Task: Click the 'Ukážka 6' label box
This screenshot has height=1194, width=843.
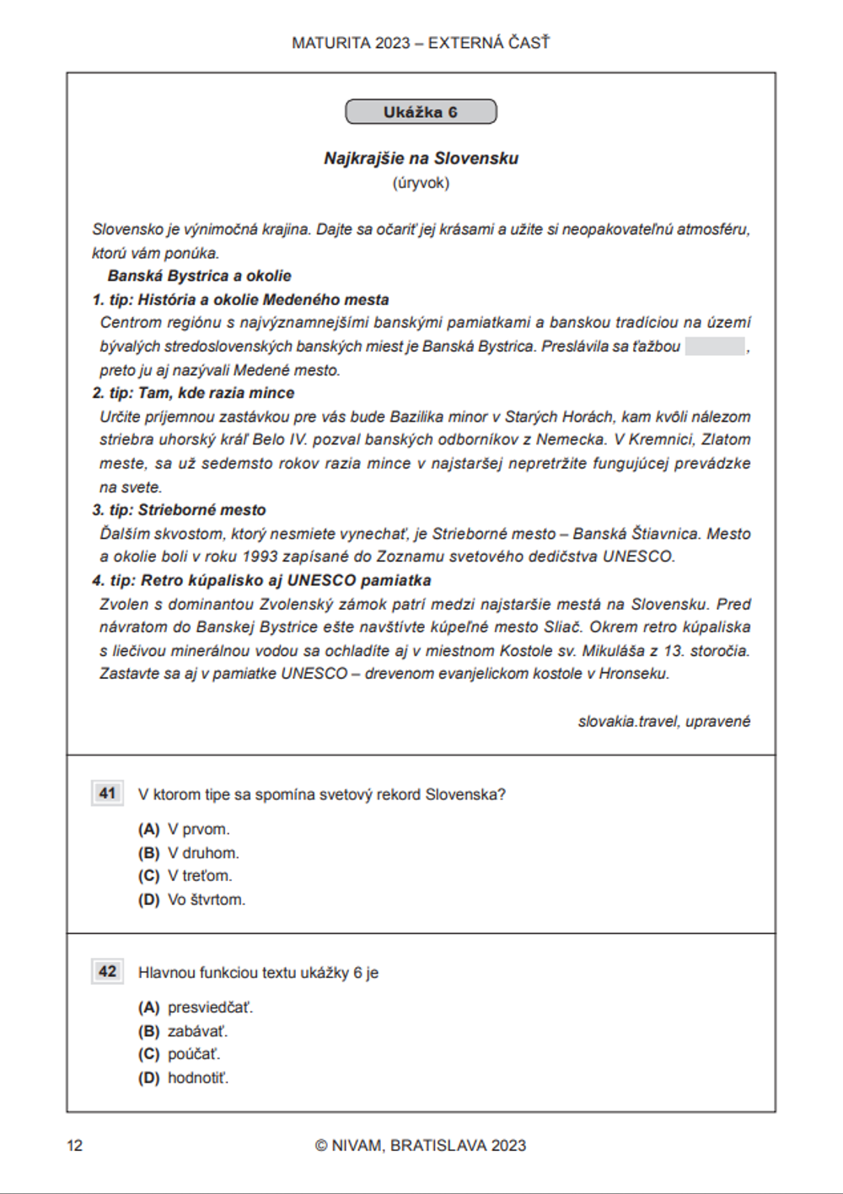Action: tap(421, 112)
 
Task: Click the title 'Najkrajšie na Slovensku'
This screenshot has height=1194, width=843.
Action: tap(421, 159)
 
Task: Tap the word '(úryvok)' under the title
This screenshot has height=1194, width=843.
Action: tap(421, 183)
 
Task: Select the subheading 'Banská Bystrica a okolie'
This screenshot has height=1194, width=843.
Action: tap(199, 276)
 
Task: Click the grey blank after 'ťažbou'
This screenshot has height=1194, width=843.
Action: tap(715, 347)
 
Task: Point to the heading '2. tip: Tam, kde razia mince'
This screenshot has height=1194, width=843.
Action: tap(193, 393)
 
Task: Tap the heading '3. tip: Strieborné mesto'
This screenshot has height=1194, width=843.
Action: tap(179, 510)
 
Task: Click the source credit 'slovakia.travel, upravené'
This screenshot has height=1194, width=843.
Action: tap(663, 722)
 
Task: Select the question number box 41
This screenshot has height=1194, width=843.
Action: tap(108, 793)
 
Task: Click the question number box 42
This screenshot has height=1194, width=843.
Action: tap(108, 971)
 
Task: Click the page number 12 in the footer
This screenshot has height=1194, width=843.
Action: tap(75, 1145)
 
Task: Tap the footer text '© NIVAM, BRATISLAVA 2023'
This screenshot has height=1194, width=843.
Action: tap(421, 1145)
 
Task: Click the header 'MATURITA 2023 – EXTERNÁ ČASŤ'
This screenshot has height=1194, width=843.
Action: tap(421, 43)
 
